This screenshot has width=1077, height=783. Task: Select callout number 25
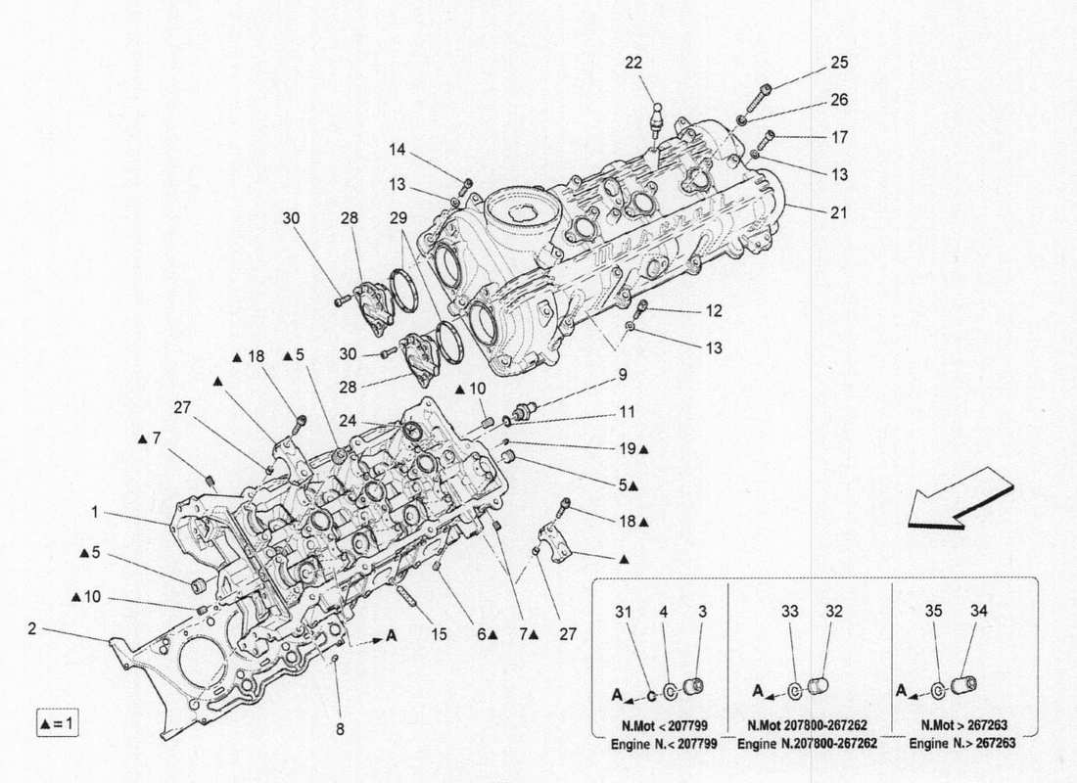tap(839, 63)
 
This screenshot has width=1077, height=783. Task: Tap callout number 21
tap(839, 212)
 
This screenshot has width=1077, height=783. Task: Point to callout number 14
tap(396, 150)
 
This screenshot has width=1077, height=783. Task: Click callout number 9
tap(621, 374)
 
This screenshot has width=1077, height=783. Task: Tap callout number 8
tap(341, 728)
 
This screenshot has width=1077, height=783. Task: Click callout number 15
tap(439, 635)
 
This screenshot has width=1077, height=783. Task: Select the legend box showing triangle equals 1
tap(58, 724)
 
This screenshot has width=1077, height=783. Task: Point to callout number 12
tap(714, 311)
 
